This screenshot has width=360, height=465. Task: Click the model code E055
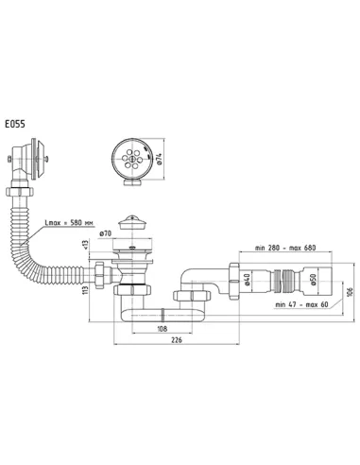point(15,124)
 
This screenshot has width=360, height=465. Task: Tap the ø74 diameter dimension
point(159,159)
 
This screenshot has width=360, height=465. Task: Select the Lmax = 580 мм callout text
point(69,223)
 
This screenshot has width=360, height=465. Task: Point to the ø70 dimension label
point(106,234)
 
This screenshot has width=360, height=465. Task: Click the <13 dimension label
point(85,245)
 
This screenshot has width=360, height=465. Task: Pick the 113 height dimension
point(85,289)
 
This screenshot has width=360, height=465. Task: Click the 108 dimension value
point(162,329)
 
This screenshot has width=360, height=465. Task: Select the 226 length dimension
point(177,340)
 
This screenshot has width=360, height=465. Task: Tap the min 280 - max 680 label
point(285,248)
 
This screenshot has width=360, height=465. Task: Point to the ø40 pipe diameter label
point(247,280)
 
